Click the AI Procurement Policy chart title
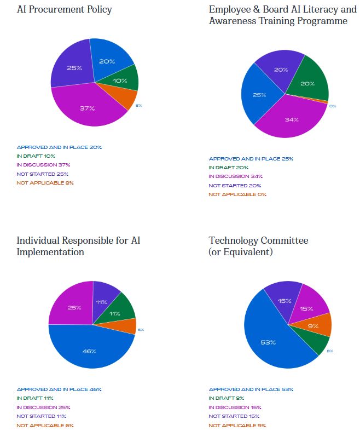[x=64, y=9]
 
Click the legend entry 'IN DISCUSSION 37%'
[x=43, y=165]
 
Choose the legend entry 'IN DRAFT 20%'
[x=228, y=168]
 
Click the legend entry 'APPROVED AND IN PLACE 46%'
[x=59, y=389]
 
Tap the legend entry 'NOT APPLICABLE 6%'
[x=45, y=426]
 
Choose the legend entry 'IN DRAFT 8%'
[x=227, y=398]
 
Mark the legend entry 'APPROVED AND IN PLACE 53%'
[x=251, y=389]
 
